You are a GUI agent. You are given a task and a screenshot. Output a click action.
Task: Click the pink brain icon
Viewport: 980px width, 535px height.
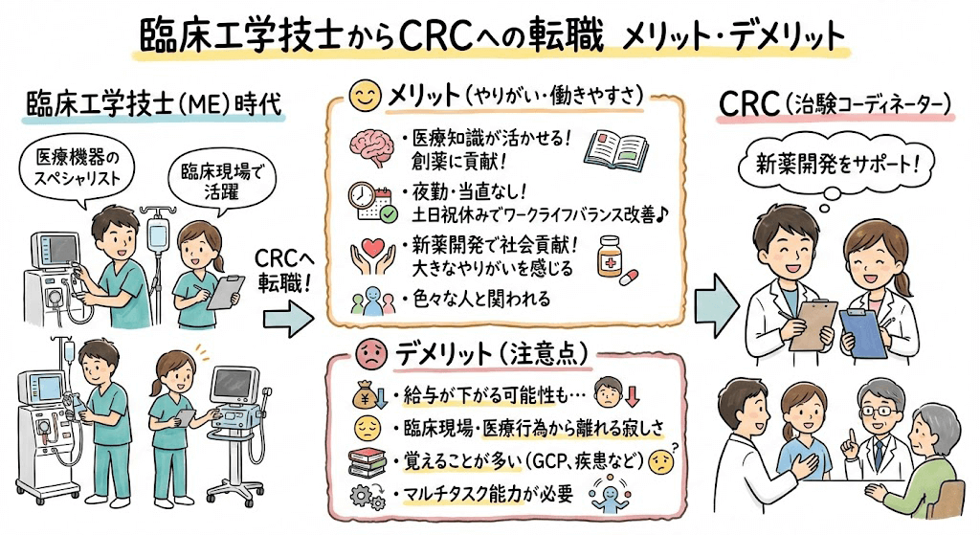click(x=368, y=143)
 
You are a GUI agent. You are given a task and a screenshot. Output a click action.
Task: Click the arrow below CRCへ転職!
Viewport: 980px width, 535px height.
click(x=287, y=322)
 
